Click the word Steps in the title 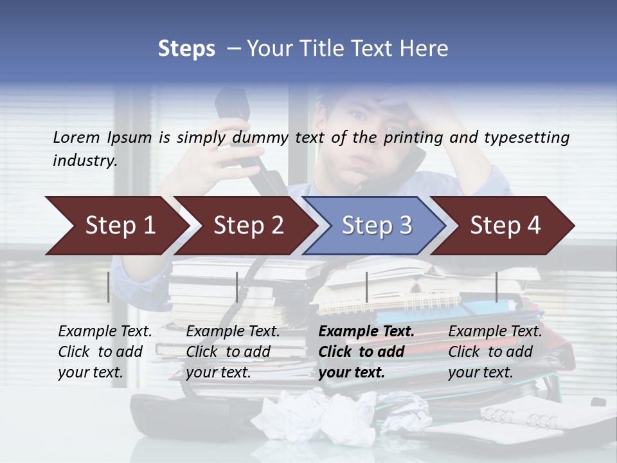pos(186,49)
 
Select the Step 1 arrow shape pos(116,226)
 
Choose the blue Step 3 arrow pos(375,226)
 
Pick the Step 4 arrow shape pos(503,226)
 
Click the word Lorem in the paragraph pos(76,137)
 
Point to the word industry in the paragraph pos(84,161)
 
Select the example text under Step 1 pos(105,352)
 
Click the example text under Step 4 pos(495,352)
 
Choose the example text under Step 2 pos(233,352)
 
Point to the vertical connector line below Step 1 pos(109,287)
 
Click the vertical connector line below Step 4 pos(496,287)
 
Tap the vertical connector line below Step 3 pos(366,287)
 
